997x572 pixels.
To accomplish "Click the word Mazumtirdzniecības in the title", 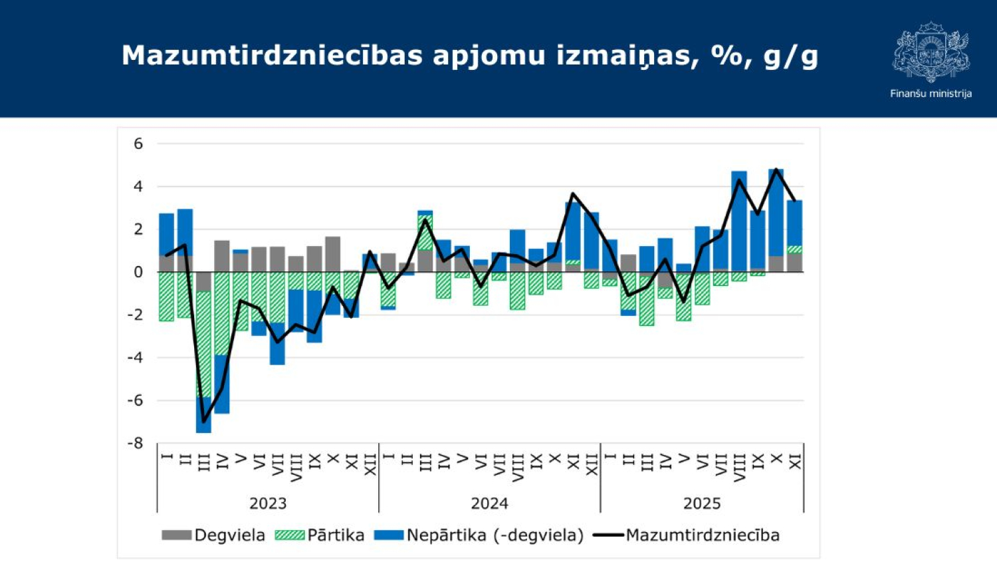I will (272, 56).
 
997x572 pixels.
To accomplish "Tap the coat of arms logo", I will (931, 52).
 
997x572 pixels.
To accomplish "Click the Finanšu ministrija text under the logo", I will (931, 94).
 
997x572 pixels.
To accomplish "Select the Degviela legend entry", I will (213, 535).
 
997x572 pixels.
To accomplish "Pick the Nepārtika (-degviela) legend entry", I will (479, 535).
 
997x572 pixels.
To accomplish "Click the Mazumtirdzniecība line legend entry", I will (686, 535).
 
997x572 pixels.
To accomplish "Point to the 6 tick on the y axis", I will (138, 144).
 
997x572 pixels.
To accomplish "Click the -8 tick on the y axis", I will (136, 443).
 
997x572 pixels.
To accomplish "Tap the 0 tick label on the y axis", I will (138, 272).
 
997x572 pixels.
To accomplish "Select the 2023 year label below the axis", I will (268, 503).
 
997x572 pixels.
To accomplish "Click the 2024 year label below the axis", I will (489, 503).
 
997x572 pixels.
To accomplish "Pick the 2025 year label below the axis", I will (702, 503).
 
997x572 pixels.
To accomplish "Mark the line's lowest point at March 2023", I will (203, 422).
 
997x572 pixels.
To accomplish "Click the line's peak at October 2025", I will (776, 170).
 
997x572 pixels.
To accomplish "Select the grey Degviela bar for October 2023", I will (333, 254).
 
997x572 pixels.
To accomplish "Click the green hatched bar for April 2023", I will (222, 313).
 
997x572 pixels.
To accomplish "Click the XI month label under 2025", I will (795, 462).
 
